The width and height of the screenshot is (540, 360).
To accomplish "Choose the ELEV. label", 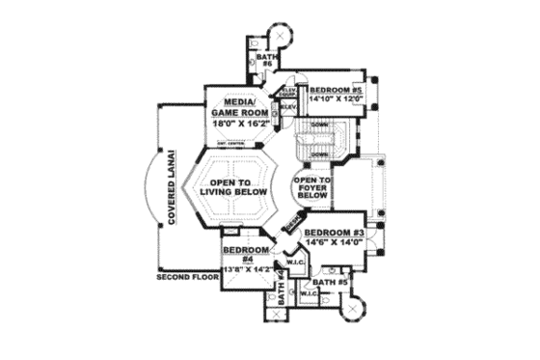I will pos(287,106).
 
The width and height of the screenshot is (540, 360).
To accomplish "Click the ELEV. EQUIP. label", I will pos(287,91).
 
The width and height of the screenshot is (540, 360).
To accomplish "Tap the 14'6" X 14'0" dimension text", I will pos(331,244).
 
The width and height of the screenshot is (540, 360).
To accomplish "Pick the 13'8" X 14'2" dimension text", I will pos(246,270).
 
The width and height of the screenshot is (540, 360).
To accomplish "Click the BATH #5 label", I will pos(335,282).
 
